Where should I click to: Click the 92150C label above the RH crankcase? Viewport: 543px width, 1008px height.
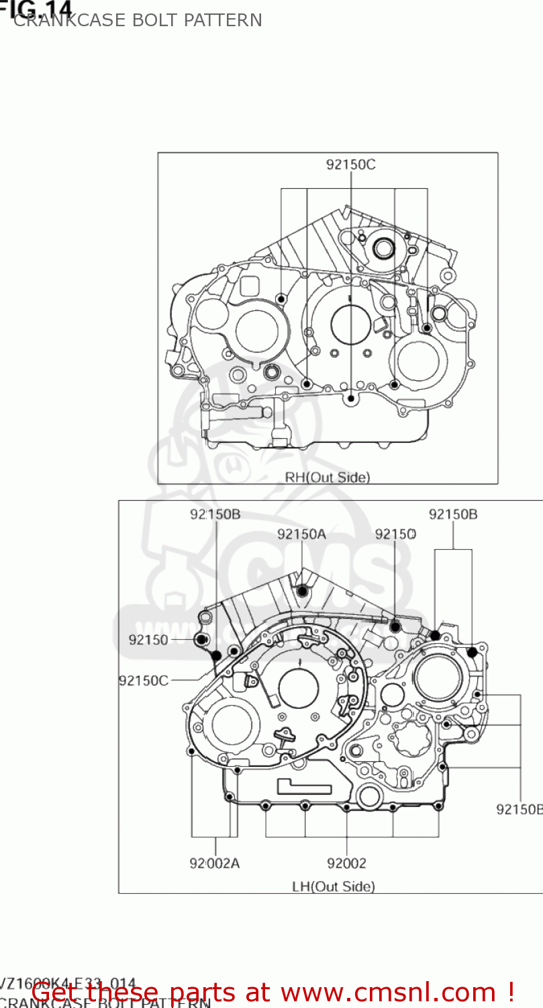tap(350, 165)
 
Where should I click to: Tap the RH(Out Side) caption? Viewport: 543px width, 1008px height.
tap(328, 478)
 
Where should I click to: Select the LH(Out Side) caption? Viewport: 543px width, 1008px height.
tap(334, 886)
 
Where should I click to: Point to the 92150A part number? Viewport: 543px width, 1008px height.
tap(301, 534)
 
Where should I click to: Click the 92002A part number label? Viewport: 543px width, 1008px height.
tap(214, 864)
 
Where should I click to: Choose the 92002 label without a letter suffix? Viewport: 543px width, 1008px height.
tap(347, 864)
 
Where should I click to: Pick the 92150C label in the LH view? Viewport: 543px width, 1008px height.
tap(144, 680)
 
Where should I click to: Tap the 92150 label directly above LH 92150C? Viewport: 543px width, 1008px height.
tap(148, 640)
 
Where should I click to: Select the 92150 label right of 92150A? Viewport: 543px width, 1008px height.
tap(395, 534)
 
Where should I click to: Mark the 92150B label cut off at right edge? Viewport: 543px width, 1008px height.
tap(519, 809)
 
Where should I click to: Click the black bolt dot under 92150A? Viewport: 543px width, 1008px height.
tap(302, 591)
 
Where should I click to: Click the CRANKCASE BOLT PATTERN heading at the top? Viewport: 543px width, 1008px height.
tap(138, 21)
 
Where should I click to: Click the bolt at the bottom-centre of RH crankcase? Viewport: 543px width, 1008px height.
tap(350, 398)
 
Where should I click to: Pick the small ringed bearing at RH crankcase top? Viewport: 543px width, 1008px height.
tap(383, 248)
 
